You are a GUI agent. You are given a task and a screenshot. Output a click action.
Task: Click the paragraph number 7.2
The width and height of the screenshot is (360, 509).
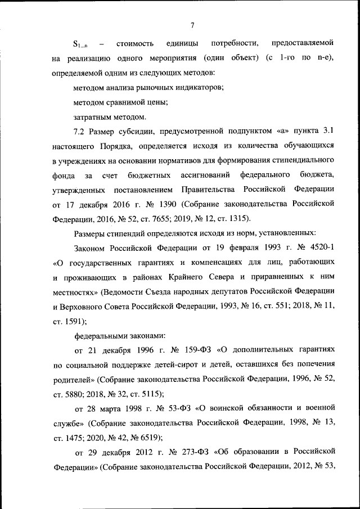(x=80, y=131)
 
